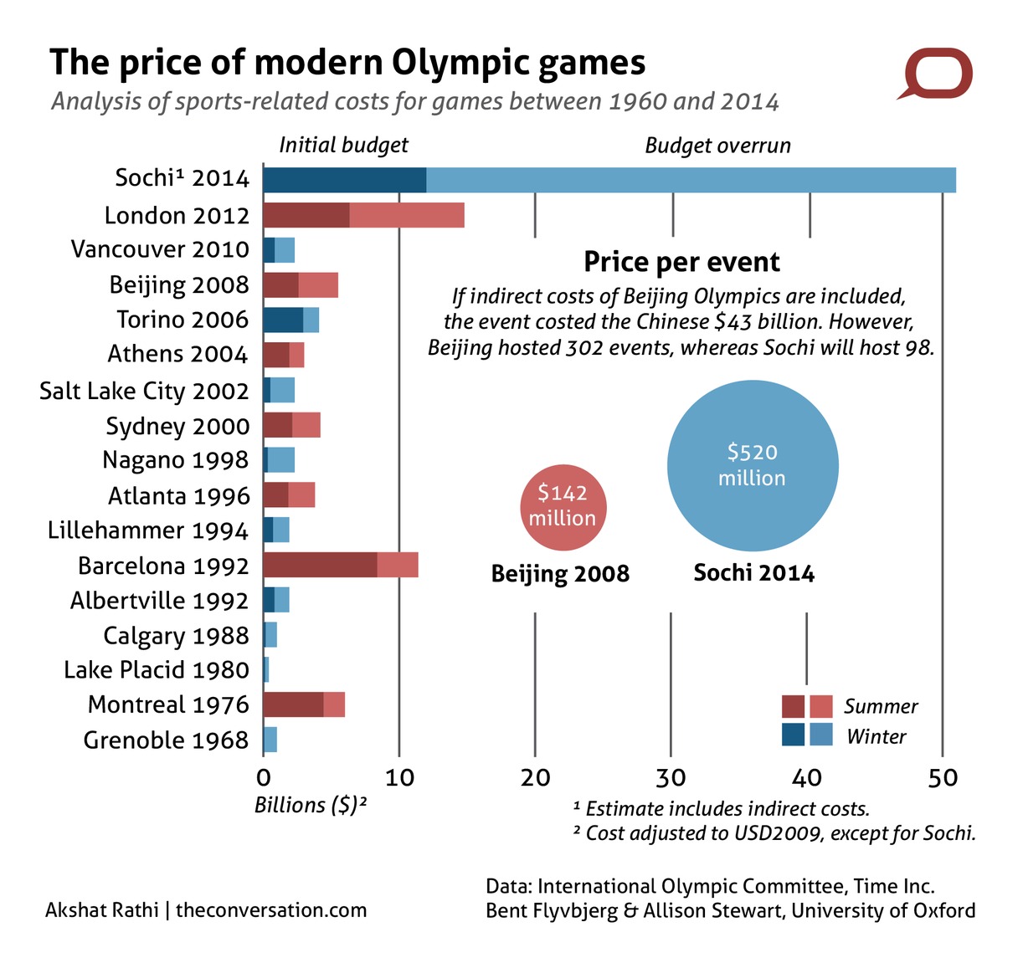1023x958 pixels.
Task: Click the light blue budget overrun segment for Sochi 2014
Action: [x=691, y=180]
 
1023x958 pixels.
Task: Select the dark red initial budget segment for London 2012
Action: [x=306, y=215]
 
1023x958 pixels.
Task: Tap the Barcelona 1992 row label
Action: [x=163, y=566]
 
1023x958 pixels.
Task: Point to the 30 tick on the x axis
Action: [x=671, y=777]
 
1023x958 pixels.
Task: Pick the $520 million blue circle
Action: [x=752, y=465]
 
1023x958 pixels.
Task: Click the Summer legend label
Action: [x=880, y=707]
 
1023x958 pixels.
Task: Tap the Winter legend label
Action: [x=876, y=737]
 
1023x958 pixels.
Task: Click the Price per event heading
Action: [x=681, y=262]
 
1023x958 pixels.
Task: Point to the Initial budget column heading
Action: [x=343, y=146]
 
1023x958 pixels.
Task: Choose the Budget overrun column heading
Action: [x=717, y=146]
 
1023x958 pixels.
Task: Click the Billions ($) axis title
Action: [x=311, y=805]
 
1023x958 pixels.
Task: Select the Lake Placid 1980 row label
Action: [x=157, y=670]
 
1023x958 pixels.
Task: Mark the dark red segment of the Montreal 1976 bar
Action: [x=293, y=704]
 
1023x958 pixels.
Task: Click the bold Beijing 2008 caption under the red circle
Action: [x=559, y=574]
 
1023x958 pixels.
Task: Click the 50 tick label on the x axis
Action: [x=943, y=777]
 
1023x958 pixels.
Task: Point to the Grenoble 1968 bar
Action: [x=270, y=740]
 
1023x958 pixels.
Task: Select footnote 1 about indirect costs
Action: [x=722, y=808]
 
